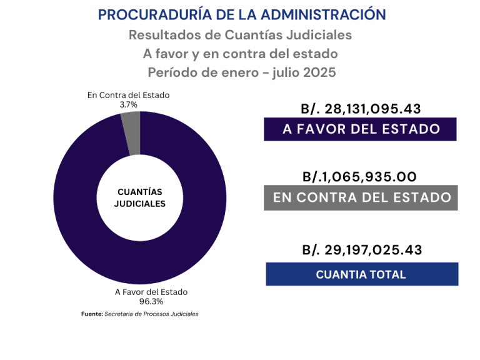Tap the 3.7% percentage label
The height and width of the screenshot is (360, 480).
pos(129,105)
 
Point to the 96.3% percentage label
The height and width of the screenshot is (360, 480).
pos(151,301)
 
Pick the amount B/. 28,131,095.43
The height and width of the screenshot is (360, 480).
pos(361,109)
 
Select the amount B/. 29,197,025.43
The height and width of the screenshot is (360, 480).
pos(362,250)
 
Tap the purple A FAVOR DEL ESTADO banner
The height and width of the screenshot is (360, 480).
pos(361,129)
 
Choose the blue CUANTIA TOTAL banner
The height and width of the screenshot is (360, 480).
pos(362,274)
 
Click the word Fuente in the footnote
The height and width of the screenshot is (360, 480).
pos(91,314)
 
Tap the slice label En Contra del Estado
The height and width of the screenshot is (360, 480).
pos(128,96)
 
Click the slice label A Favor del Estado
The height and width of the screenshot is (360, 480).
pos(151,292)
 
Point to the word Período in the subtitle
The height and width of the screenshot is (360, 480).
pos(171,72)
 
